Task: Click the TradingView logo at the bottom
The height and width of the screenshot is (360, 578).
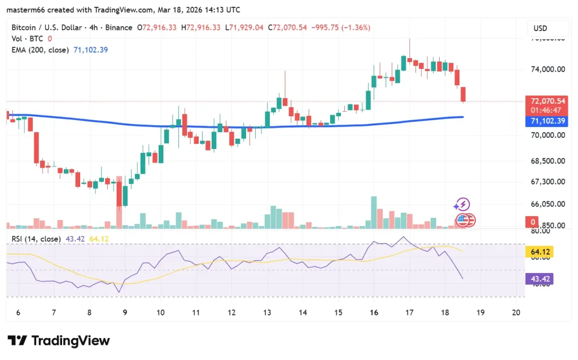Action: [59, 341]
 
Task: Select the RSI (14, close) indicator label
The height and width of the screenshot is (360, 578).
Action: [36, 239]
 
